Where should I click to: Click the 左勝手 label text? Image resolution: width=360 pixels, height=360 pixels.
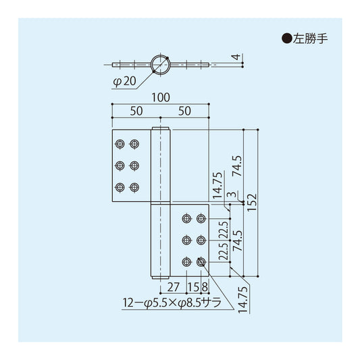(x=310, y=38)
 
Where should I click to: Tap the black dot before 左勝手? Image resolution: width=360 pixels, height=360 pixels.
(x=287, y=38)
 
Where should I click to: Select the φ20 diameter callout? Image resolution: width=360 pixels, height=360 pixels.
(x=125, y=82)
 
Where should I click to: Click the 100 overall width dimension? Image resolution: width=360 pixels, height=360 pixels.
(x=161, y=97)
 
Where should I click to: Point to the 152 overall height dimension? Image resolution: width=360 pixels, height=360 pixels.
(x=252, y=203)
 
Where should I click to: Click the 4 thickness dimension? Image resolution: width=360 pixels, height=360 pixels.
(x=236, y=57)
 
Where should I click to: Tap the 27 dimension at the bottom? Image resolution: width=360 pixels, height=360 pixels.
(x=174, y=287)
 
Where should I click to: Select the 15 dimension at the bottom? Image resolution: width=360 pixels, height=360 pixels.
(x=193, y=287)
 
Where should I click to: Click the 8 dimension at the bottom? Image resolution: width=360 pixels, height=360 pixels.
(x=205, y=287)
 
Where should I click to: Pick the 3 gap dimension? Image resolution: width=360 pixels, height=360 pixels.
(x=232, y=195)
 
